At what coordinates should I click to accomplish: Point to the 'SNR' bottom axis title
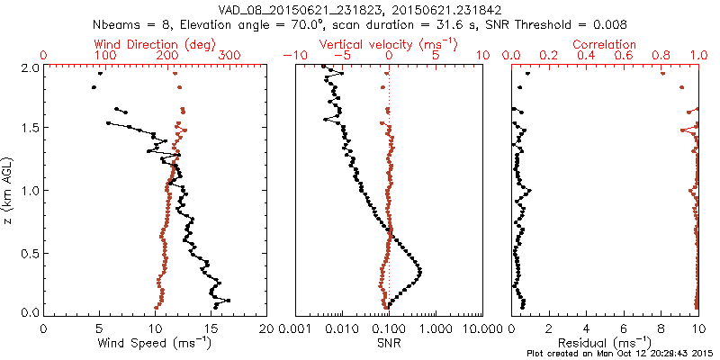click(388, 342)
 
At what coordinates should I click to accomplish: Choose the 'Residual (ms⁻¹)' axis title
click(606, 343)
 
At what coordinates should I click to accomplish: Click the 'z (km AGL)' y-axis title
click(7, 191)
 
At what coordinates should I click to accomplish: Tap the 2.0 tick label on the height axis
click(30, 67)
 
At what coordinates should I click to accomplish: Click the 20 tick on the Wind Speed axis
click(266, 329)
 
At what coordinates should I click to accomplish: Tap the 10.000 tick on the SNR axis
click(481, 329)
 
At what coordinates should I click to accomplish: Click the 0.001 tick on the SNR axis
click(296, 329)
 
